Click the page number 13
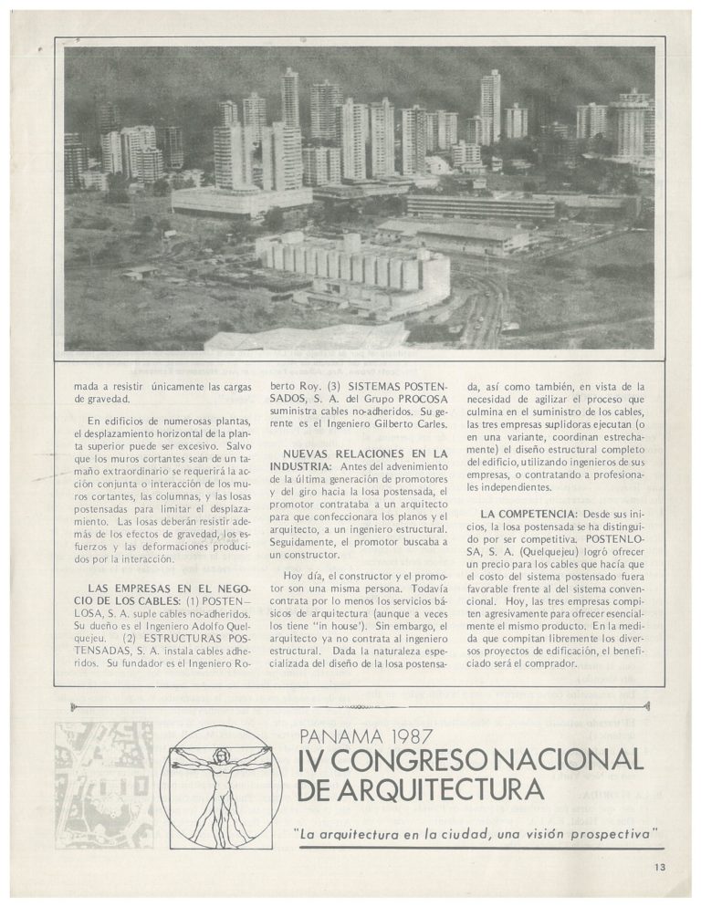pos(660,868)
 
